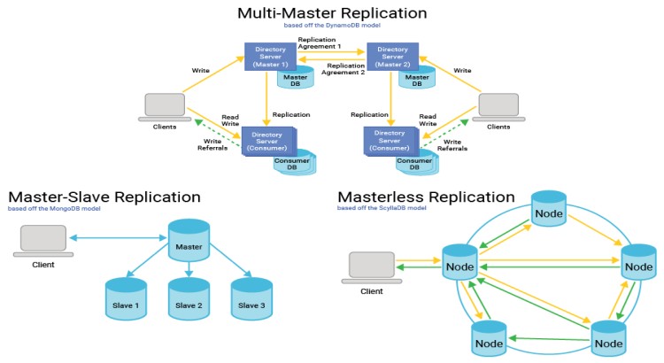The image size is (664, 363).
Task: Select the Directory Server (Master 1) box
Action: (x=269, y=58)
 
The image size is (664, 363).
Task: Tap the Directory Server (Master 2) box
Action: (x=393, y=58)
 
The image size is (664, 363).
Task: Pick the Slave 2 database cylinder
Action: (x=189, y=299)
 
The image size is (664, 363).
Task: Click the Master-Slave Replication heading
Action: (x=104, y=197)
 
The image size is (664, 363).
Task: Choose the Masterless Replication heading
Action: (x=425, y=197)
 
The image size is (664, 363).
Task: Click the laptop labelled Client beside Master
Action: (x=43, y=240)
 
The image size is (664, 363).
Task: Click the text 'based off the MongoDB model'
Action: (x=53, y=210)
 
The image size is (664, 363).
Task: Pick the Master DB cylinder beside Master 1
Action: (x=296, y=81)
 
